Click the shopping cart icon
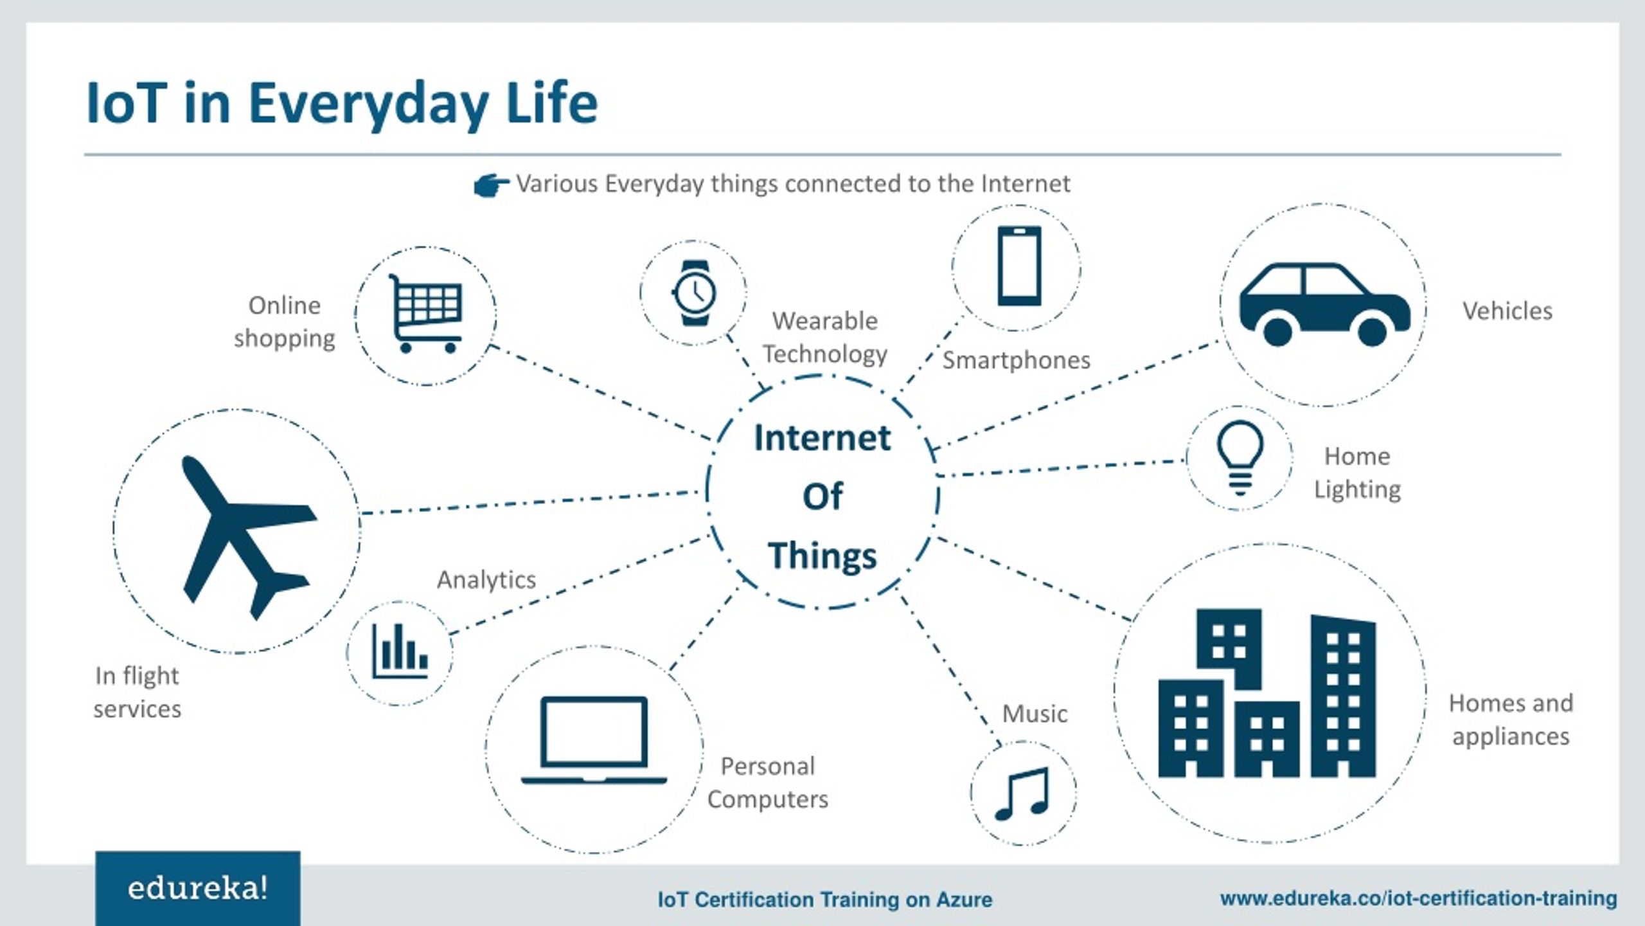(425, 314)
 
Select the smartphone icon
(1019, 266)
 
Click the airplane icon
(247, 538)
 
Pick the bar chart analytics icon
(400, 651)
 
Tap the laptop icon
(594, 740)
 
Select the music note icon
(1022, 794)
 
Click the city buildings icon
(1267, 693)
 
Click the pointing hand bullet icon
(492, 185)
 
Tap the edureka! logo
(198, 889)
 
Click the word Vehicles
(1507, 311)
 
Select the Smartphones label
(1017, 361)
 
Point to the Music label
(1035, 714)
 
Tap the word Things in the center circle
(822, 556)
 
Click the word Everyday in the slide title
(369, 104)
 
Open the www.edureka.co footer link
(1419, 898)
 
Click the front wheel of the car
(1372, 332)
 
